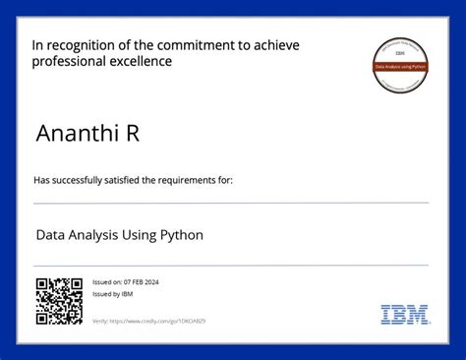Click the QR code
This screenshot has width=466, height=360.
[x=59, y=301]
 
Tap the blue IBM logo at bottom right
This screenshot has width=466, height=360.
[x=405, y=315]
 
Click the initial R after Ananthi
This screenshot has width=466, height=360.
[x=131, y=134]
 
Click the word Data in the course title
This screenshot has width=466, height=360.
[x=51, y=236]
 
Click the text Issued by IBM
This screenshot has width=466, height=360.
[x=106, y=294]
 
